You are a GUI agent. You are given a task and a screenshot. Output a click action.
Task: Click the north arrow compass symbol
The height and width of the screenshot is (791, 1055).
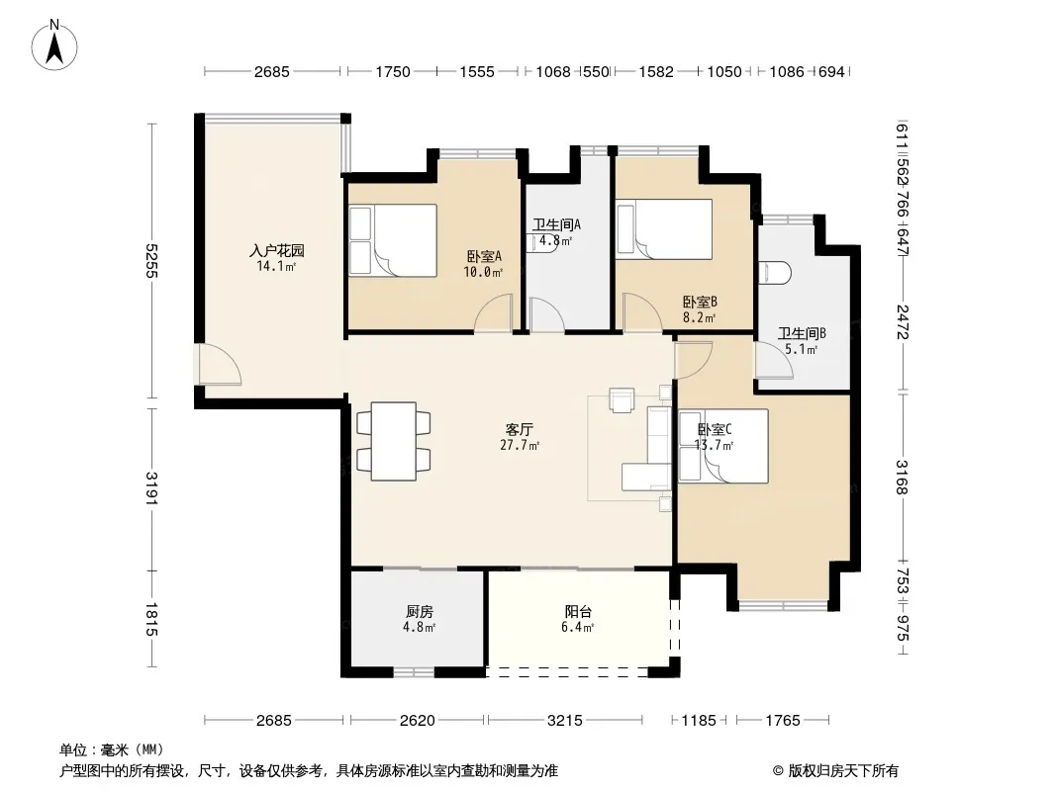[54, 44]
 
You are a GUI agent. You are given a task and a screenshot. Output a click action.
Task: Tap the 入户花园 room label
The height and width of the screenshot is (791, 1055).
[276, 251]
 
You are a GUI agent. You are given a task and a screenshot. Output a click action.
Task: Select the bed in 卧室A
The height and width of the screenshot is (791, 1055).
[393, 240]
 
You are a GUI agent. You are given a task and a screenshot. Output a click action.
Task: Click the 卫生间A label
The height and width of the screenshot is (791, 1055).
[556, 224]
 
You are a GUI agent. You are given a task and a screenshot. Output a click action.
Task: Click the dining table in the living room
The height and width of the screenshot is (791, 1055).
[394, 442]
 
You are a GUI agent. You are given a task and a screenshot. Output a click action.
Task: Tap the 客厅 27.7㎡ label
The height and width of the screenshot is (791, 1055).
[520, 436]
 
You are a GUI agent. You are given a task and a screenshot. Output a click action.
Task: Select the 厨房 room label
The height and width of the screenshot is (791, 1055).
[420, 612]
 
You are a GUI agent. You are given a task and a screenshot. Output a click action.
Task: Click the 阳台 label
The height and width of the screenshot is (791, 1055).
[578, 612]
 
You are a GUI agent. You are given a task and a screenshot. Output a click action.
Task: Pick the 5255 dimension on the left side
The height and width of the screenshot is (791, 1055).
[151, 260]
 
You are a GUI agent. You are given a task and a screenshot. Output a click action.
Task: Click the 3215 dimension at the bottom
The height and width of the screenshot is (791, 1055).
[564, 721]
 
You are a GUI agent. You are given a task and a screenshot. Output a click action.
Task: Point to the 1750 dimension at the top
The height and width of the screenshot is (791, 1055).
[392, 71]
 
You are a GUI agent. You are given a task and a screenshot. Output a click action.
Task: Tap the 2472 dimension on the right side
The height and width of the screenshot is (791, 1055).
[903, 322]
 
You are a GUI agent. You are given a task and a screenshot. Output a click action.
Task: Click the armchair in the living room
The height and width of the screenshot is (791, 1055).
[622, 399]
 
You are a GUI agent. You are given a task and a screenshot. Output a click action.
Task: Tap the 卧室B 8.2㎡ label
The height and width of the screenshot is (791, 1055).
[700, 309]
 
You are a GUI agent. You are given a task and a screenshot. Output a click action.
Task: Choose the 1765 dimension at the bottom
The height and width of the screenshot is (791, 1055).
[783, 721]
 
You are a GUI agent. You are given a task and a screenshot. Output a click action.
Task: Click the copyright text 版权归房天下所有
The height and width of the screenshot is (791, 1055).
[843, 771]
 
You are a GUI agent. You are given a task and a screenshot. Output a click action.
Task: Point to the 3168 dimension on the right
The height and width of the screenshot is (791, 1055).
[903, 477]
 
